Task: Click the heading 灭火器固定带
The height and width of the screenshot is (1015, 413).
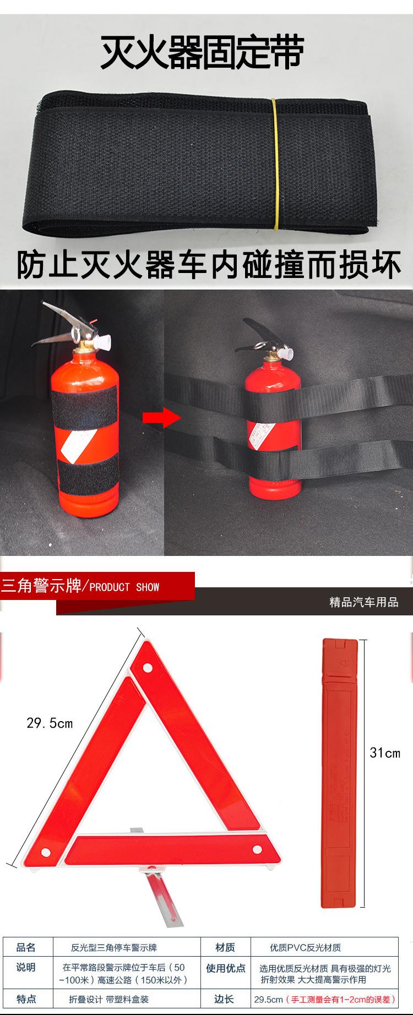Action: tap(202, 53)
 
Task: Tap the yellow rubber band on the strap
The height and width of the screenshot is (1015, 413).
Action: tap(275, 165)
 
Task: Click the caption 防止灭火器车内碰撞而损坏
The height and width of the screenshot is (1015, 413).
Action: tap(208, 266)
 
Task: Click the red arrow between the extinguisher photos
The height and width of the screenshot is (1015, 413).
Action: tap(161, 418)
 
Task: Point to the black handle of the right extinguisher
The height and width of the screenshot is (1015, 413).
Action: tap(258, 330)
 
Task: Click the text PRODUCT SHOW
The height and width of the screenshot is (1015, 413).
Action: tap(124, 587)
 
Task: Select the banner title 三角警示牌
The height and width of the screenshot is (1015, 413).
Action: tap(41, 586)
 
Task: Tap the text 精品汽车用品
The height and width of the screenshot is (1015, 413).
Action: tap(363, 602)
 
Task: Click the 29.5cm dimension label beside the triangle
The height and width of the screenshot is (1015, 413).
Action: tap(50, 723)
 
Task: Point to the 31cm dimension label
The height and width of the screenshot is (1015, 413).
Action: tap(385, 753)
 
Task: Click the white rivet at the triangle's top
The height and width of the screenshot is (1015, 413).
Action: tap(148, 668)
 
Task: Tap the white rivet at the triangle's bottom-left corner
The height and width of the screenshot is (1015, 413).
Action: tap(46, 853)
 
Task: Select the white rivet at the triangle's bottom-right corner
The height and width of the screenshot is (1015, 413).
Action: tap(257, 850)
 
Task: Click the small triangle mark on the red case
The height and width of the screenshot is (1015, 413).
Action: tap(342, 664)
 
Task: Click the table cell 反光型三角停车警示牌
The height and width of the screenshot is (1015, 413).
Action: tap(114, 947)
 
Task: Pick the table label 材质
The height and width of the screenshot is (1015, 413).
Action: tap(225, 947)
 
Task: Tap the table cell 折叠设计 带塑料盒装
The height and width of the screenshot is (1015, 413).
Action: tap(108, 999)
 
